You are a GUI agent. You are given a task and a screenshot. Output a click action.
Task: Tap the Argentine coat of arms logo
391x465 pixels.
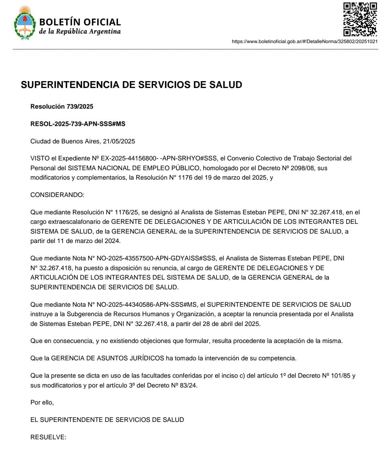pos(25,23)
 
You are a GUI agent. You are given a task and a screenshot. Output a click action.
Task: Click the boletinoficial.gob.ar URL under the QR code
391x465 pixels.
pos(305,41)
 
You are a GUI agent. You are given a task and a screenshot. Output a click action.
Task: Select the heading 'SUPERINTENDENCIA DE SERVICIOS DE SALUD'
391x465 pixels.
pos(131,85)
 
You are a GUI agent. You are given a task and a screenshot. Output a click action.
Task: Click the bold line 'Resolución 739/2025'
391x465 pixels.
pos(62,106)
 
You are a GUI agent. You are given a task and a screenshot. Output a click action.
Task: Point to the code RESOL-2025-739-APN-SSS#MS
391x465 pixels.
pos(78,124)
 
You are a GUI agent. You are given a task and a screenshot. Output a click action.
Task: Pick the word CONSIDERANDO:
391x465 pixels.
pos(57,195)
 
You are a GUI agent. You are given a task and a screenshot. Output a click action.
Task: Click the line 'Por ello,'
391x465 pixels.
pos(42,402)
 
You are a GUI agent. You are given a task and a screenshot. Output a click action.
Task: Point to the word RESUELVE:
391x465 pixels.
pos(48,437)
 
